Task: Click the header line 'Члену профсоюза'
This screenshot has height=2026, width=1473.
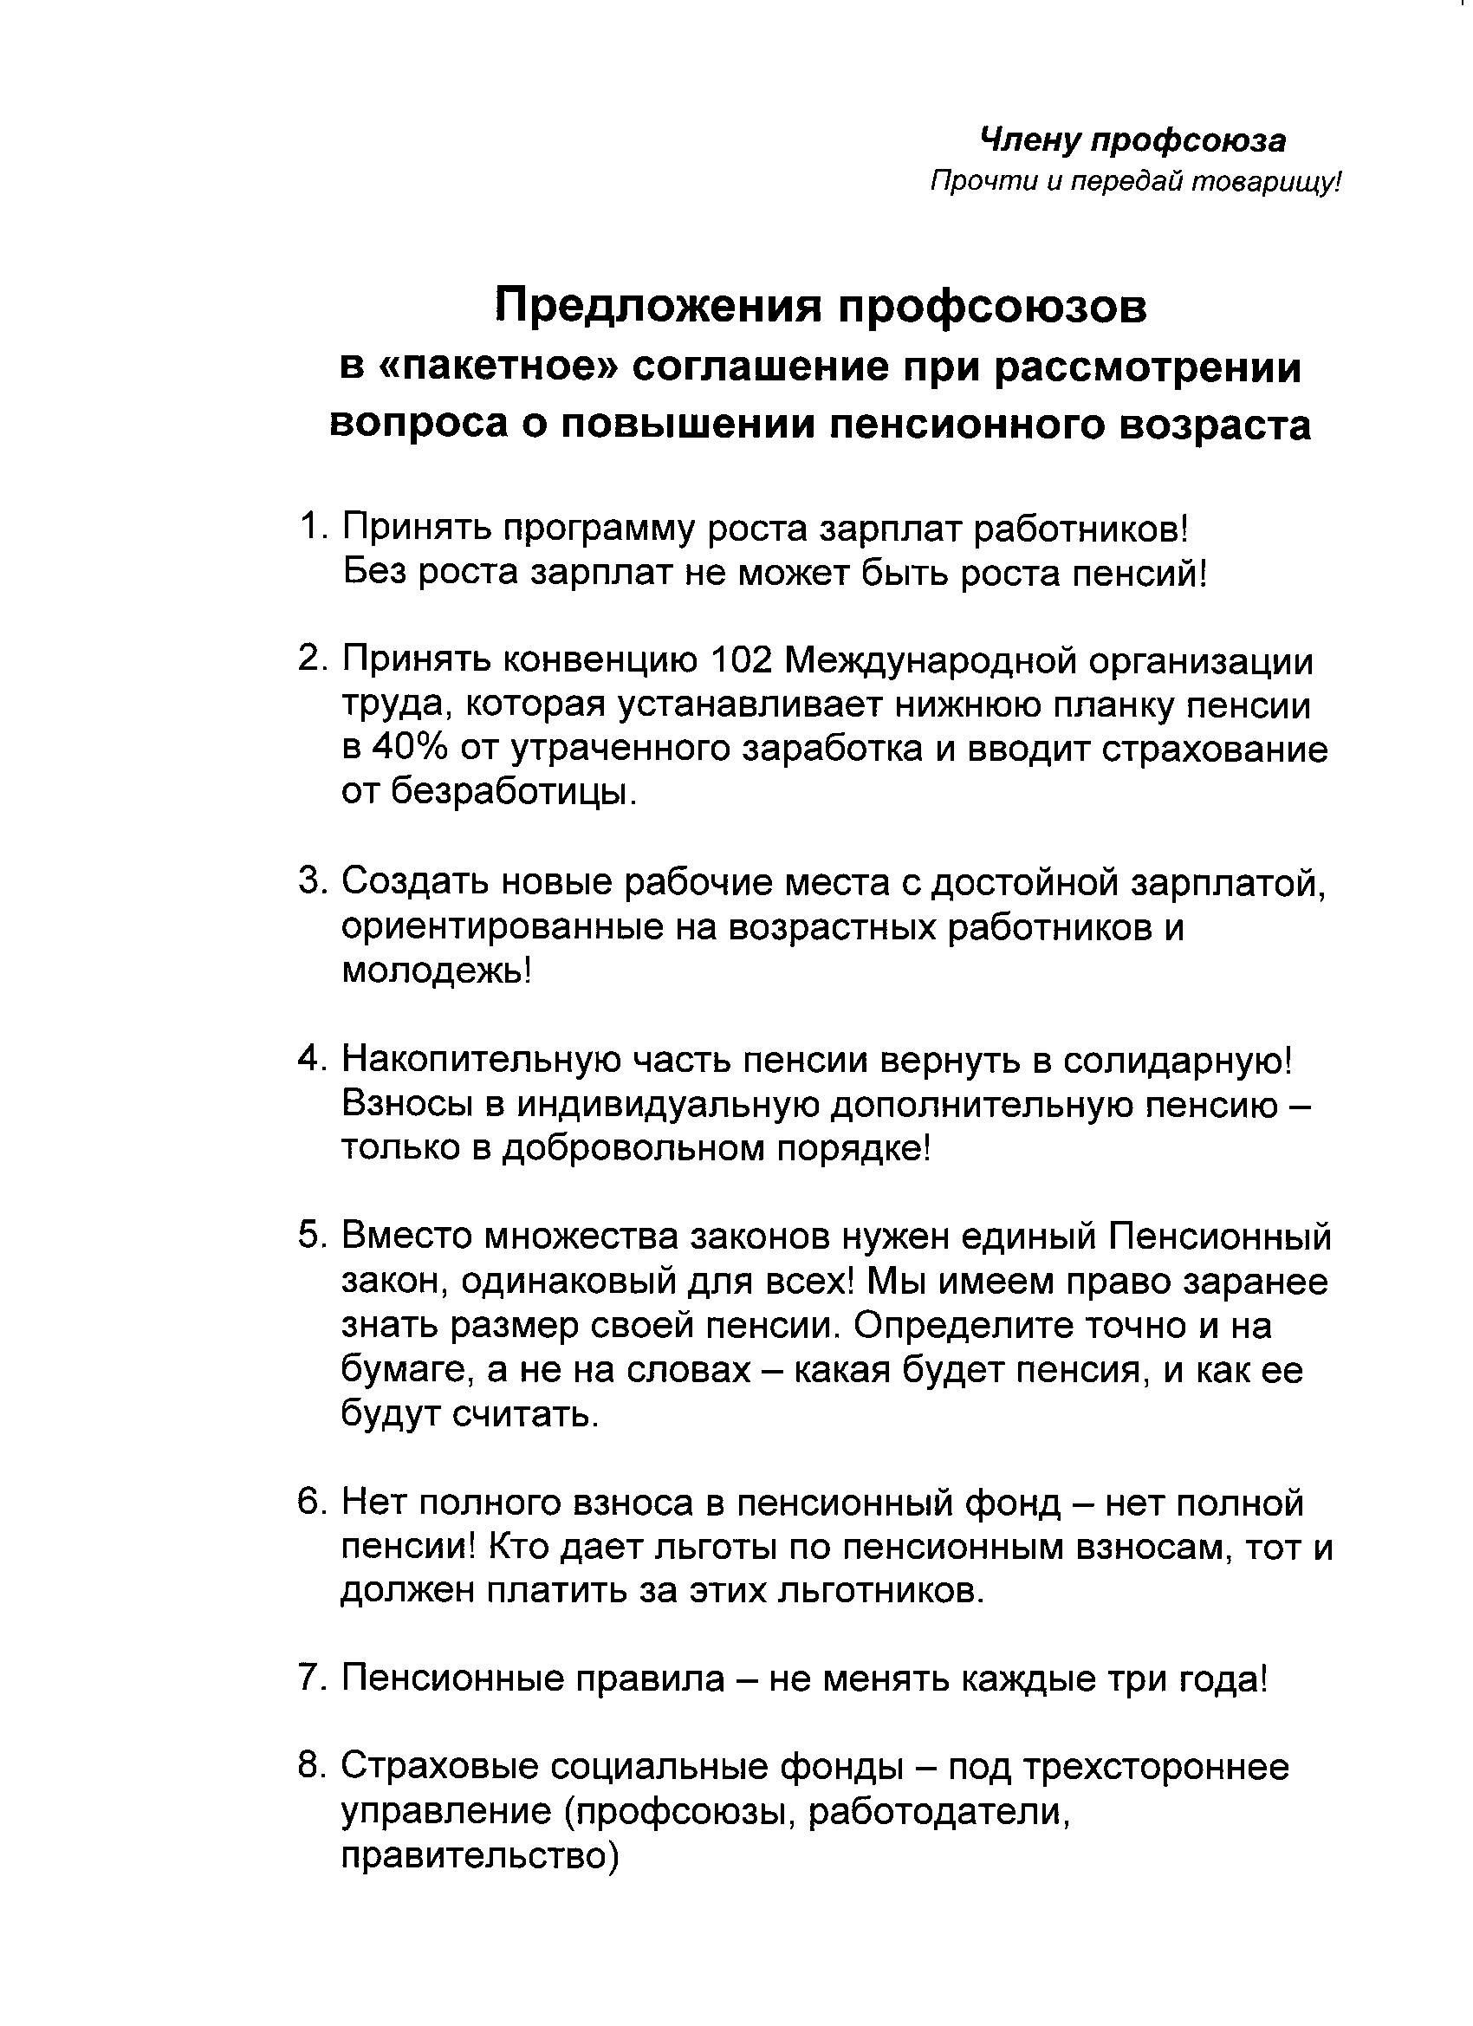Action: (1132, 140)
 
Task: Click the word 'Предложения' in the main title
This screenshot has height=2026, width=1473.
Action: (659, 308)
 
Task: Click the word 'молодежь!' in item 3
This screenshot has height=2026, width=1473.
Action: (436, 969)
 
